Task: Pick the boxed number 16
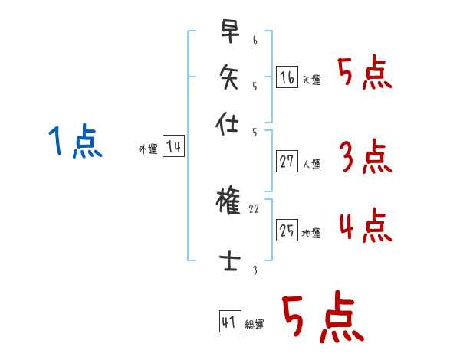(x=287, y=78)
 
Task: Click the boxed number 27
(x=287, y=162)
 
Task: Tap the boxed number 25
(x=287, y=231)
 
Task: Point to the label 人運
(x=311, y=164)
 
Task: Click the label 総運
(x=255, y=325)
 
